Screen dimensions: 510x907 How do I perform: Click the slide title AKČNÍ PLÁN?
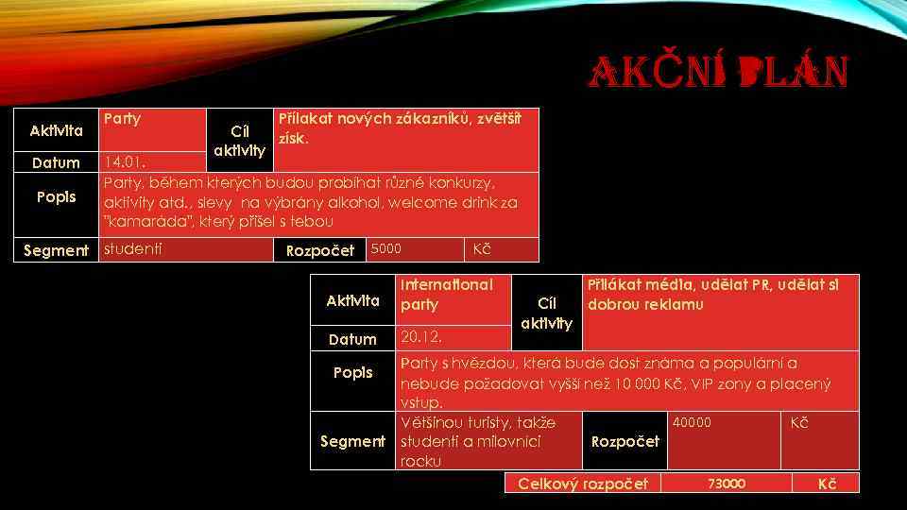719,72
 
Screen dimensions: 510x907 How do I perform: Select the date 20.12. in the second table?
420,336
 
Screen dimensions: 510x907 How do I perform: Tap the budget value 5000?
385,248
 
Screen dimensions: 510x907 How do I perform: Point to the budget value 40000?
692,422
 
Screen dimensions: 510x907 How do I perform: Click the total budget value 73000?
727,484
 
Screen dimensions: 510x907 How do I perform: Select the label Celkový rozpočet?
583,484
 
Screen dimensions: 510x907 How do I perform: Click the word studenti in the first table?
132,249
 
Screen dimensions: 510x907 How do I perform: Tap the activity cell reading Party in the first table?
122,119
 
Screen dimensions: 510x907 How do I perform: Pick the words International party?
447,295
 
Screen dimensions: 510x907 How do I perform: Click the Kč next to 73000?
827,484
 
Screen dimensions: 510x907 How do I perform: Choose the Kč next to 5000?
481,248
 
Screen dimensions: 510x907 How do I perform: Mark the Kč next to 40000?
799,422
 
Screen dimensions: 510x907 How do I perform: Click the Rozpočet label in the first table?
319,250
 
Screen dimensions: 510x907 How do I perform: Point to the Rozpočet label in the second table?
625,441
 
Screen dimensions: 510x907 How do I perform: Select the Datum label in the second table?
352,339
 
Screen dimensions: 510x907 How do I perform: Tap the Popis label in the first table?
56,196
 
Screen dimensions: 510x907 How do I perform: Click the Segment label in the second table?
352,441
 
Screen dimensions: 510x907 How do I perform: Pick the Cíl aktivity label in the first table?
239,141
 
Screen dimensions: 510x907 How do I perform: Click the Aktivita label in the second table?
352,300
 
